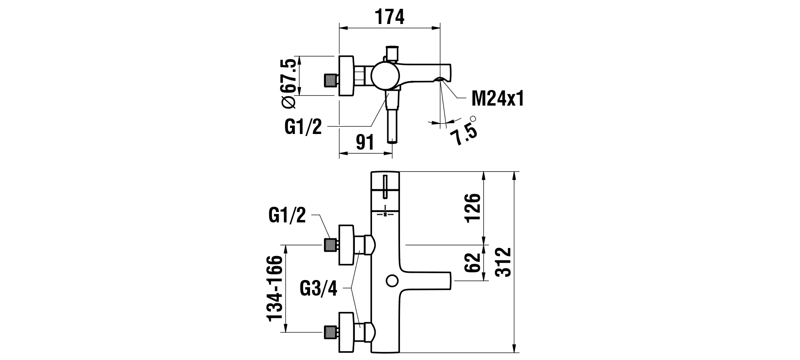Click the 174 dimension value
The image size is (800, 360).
click(x=390, y=17)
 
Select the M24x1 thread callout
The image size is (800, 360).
click(x=497, y=98)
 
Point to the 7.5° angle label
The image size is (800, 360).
click(x=464, y=132)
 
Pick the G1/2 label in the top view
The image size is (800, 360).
click(x=303, y=127)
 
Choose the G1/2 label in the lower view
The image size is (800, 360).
click(x=287, y=216)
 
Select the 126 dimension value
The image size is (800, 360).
click(x=472, y=207)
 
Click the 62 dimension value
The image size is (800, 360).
click(x=472, y=262)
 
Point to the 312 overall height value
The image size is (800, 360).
click(x=503, y=262)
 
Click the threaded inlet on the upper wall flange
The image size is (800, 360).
click(x=329, y=244)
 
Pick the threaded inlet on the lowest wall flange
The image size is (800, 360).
click(x=329, y=332)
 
